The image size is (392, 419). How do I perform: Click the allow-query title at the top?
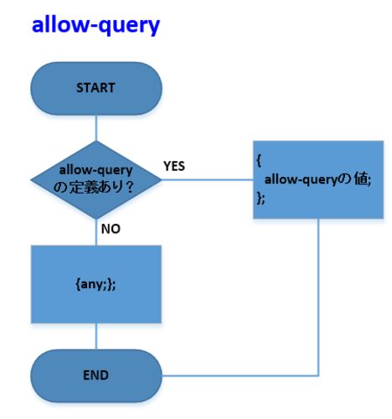(x=95, y=25)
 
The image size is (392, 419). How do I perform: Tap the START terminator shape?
(x=96, y=88)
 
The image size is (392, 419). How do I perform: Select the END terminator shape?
(x=96, y=375)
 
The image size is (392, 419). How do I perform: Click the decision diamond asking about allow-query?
(x=96, y=179)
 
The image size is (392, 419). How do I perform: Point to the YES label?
(x=174, y=166)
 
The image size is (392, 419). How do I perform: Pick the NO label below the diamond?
(x=111, y=229)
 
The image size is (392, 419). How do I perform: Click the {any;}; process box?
(x=96, y=284)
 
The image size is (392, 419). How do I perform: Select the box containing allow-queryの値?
(x=318, y=179)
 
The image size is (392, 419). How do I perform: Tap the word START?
(x=95, y=88)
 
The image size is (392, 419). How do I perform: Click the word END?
(x=95, y=375)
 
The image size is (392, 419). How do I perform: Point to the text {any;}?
(x=95, y=285)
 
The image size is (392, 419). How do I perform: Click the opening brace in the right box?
(x=259, y=161)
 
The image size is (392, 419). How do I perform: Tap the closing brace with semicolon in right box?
(x=260, y=198)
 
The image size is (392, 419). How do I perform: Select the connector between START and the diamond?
(x=96, y=128)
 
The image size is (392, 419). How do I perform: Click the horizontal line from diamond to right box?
(x=208, y=179)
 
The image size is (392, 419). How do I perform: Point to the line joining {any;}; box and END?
(x=96, y=336)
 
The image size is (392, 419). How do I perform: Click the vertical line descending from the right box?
(x=318, y=297)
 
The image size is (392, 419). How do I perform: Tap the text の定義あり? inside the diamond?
(x=93, y=187)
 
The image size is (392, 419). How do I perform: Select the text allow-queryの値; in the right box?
(x=317, y=179)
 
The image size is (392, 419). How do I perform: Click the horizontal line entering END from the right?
(x=240, y=375)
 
